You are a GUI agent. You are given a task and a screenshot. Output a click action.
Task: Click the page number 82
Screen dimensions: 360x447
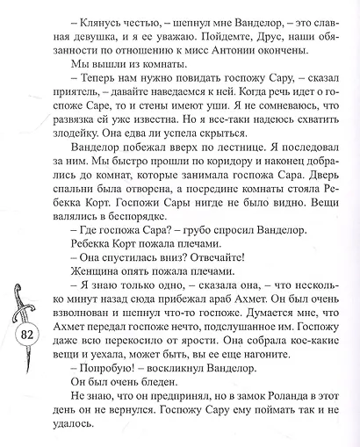pos(25,335)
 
